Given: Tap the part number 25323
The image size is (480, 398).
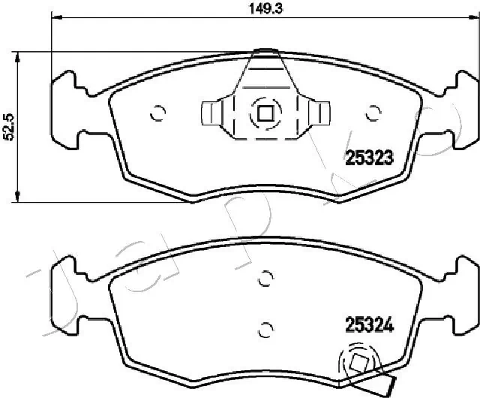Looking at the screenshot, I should (369, 158).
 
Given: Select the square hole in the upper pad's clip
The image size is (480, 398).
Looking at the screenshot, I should (264, 114).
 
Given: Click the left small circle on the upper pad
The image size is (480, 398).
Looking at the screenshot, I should (157, 114).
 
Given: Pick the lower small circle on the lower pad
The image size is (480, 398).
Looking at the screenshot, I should (264, 328).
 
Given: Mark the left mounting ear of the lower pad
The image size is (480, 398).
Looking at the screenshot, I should (66, 288).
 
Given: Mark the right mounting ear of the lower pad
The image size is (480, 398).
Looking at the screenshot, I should (461, 288).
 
